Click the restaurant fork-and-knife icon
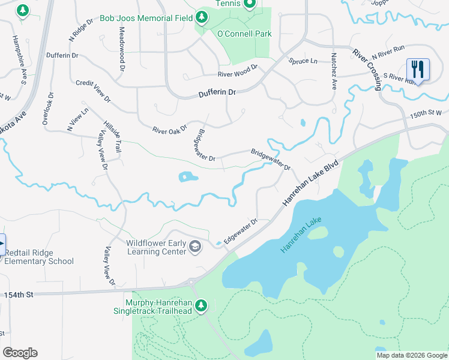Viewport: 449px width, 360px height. coord(418,69)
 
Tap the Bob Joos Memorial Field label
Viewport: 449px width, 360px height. coord(137,19)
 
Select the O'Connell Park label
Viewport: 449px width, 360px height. coord(244,34)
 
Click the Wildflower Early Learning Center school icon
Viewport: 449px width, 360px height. coord(195,247)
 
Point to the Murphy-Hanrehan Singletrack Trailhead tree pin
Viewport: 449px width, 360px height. coord(202,306)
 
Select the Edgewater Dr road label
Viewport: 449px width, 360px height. coord(240,231)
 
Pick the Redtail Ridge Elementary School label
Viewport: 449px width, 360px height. coord(38,257)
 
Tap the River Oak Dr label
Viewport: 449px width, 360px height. coord(170,129)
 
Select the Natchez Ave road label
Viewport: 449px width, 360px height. coord(333,71)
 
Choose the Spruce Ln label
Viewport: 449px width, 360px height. coord(303,61)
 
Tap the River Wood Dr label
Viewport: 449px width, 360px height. coord(237,71)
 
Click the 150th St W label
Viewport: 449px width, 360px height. coord(426,113)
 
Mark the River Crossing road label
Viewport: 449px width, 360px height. coord(367,70)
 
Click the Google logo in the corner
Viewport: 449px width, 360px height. coord(20,353)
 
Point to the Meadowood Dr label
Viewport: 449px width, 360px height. coord(122,46)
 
